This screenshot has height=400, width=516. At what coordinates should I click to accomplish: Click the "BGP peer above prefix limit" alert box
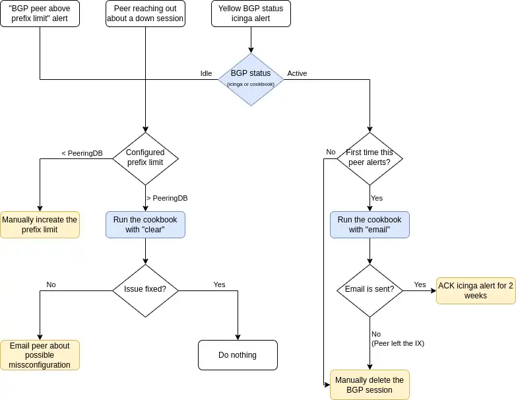40,13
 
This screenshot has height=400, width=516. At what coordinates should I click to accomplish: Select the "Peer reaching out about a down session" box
145,13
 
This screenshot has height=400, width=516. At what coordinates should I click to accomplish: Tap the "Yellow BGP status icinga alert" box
251,13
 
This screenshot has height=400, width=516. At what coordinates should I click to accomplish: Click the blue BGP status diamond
251,79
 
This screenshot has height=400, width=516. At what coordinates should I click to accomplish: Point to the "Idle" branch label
207,73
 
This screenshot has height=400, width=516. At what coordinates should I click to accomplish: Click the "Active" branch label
297,73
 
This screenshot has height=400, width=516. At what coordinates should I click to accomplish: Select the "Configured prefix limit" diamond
145,157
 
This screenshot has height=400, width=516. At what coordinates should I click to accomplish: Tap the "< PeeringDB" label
82,153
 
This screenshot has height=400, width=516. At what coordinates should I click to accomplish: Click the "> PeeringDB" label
167,198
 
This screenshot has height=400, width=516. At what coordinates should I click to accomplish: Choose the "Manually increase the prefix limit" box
40,224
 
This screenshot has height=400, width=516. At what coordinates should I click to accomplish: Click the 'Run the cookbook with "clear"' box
145,224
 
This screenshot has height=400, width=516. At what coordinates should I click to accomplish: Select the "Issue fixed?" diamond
145,289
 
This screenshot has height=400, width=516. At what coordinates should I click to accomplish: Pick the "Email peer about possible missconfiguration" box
40,355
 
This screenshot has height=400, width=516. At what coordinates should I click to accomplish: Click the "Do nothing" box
238,355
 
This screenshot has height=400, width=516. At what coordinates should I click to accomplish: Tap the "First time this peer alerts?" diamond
370,157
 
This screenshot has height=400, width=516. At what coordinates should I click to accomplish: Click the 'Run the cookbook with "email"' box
370,224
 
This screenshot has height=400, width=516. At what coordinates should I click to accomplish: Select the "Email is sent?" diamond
370,289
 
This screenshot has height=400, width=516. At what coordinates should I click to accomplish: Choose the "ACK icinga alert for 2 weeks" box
476,290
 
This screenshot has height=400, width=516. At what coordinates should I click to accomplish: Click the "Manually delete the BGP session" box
370,385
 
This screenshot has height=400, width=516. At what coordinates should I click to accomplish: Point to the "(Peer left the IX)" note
398,343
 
